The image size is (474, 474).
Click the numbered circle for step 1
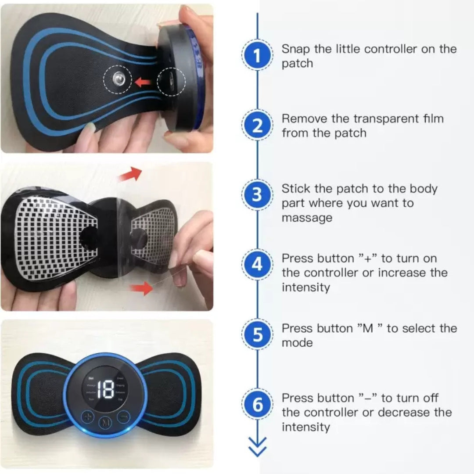click(x=257, y=56)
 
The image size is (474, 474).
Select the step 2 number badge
click(x=257, y=126)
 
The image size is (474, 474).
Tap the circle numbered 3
click(x=257, y=195)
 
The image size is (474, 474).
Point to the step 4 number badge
click(x=257, y=265)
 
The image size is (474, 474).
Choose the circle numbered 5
click(x=257, y=335)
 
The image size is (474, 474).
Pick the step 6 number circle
click(x=257, y=405)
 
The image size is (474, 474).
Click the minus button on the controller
click(x=124, y=415)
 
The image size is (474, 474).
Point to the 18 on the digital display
click(x=105, y=390)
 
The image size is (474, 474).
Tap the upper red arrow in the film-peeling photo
click(x=131, y=174)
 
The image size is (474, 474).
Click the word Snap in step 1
click(x=296, y=49)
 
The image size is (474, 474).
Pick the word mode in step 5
click(x=297, y=343)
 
